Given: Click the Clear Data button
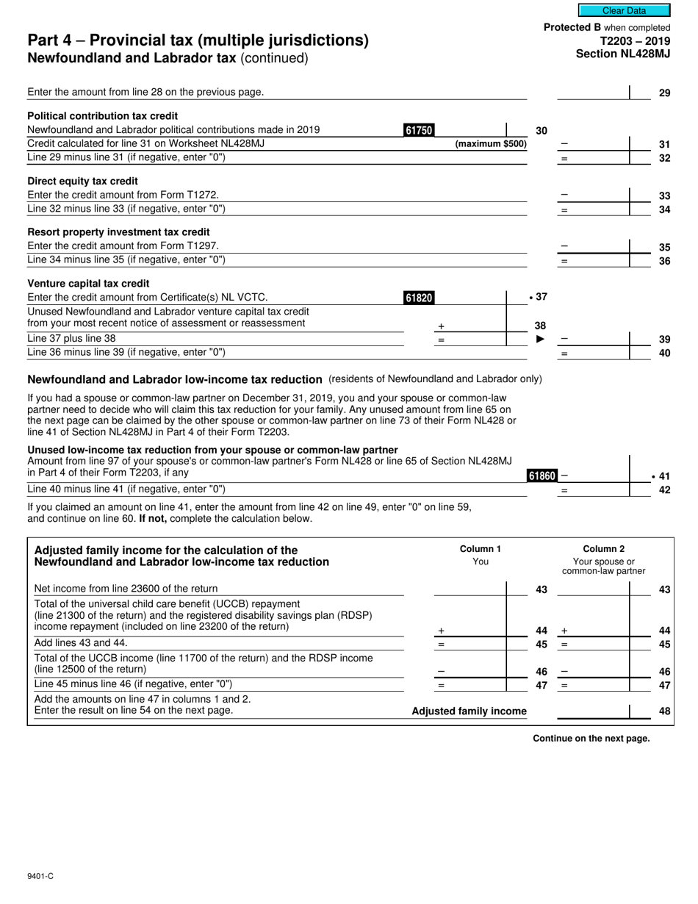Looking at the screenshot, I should click(624, 10).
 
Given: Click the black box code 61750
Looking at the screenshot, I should click(419, 130).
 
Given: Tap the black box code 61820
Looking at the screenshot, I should click(419, 298).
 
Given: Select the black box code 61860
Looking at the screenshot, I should click(542, 476).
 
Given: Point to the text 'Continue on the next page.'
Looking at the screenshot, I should click(591, 739).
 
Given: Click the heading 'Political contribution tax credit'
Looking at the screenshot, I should click(102, 116).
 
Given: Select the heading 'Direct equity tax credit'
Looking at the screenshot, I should click(82, 181).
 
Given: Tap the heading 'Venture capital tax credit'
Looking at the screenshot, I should click(88, 284).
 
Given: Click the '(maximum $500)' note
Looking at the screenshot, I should click(491, 144).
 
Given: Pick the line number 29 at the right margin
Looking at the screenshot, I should click(663, 93).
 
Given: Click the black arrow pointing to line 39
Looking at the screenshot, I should click(540, 339).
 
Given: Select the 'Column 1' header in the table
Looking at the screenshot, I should click(480, 549).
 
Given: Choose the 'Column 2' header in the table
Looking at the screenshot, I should click(603, 549).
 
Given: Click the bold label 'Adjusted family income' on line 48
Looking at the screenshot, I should click(469, 711).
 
